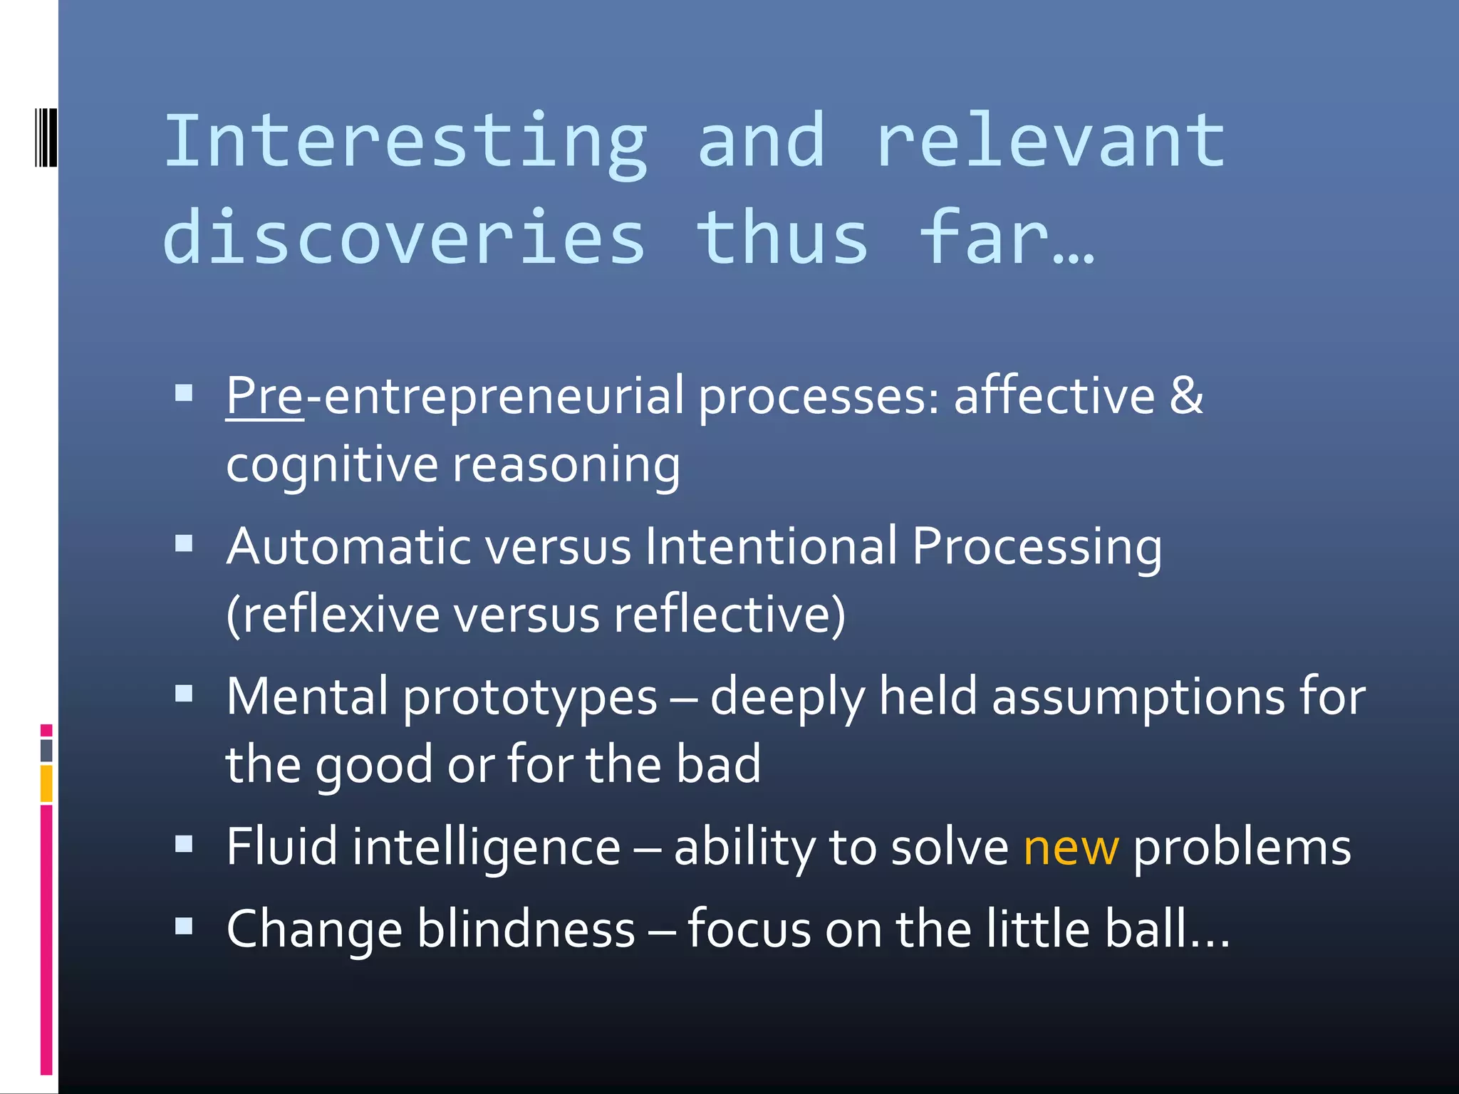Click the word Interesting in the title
tap(406, 142)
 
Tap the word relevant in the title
tap(1051, 142)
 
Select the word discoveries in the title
tap(405, 239)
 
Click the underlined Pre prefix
tap(265, 397)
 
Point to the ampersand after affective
tap(1185, 395)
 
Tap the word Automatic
tap(349, 547)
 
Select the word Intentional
tap(771, 547)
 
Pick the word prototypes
tap(530, 698)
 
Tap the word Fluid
tap(282, 848)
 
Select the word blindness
tap(526, 929)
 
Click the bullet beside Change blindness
tap(184, 926)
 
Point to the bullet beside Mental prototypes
tap(184, 694)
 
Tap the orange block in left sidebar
tap(46, 783)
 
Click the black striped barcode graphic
tap(46, 137)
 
